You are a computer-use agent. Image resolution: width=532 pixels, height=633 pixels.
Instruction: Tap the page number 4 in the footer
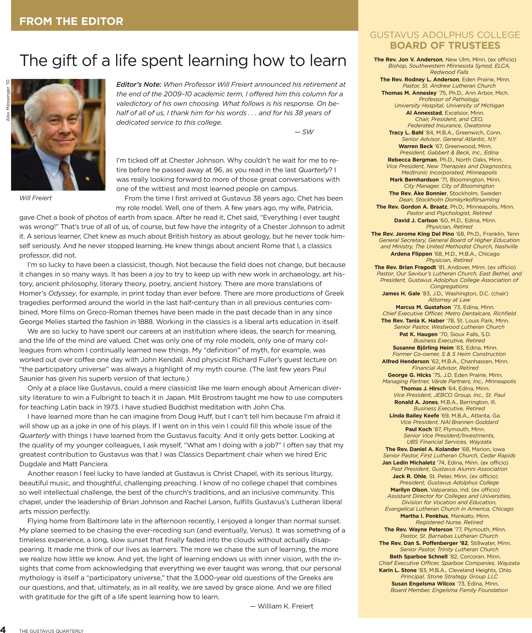(x=3, y=629)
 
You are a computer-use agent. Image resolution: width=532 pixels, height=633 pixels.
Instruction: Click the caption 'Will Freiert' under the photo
(x=35, y=198)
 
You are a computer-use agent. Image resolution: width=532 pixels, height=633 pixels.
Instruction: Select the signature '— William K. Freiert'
(x=282, y=606)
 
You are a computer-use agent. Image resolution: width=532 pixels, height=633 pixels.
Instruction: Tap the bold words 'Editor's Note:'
(x=139, y=84)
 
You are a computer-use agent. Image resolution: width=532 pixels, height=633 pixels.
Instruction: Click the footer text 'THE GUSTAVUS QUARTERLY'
(x=51, y=631)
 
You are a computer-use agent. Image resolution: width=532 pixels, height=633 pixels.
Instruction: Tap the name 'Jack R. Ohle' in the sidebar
(x=409, y=476)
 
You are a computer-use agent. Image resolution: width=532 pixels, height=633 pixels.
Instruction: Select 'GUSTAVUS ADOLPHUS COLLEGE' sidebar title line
(x=445, y=35)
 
